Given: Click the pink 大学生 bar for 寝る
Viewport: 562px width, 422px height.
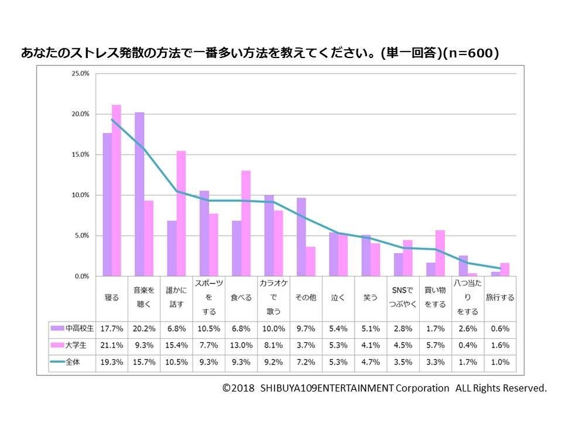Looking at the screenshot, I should [x=117, y=190].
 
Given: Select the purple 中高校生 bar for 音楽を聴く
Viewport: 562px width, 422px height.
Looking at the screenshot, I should [x=139, y=194].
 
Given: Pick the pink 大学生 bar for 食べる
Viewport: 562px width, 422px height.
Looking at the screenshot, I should [x=246, y=223].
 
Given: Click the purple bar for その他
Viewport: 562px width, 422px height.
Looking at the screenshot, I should [x=301, y=236].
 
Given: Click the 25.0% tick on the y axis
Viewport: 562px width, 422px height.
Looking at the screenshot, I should [x=80, y=73].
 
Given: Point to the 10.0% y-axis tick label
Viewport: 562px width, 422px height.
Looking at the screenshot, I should [x=80, y=195].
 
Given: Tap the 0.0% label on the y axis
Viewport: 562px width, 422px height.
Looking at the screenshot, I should [x=81, y=276].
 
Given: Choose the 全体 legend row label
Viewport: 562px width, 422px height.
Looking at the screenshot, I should [x=71, y=362].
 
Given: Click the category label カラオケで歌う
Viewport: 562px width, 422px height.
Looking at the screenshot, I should [x=273, y=297].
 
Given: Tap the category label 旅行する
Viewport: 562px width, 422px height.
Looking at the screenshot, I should [x=500, y=297].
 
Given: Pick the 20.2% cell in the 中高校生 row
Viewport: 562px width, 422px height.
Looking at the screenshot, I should [x=144, y=328].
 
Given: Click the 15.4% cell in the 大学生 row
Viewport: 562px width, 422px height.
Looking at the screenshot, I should [x=176, y=345].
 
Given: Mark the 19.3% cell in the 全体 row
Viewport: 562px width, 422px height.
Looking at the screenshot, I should [x=112, y=362].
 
